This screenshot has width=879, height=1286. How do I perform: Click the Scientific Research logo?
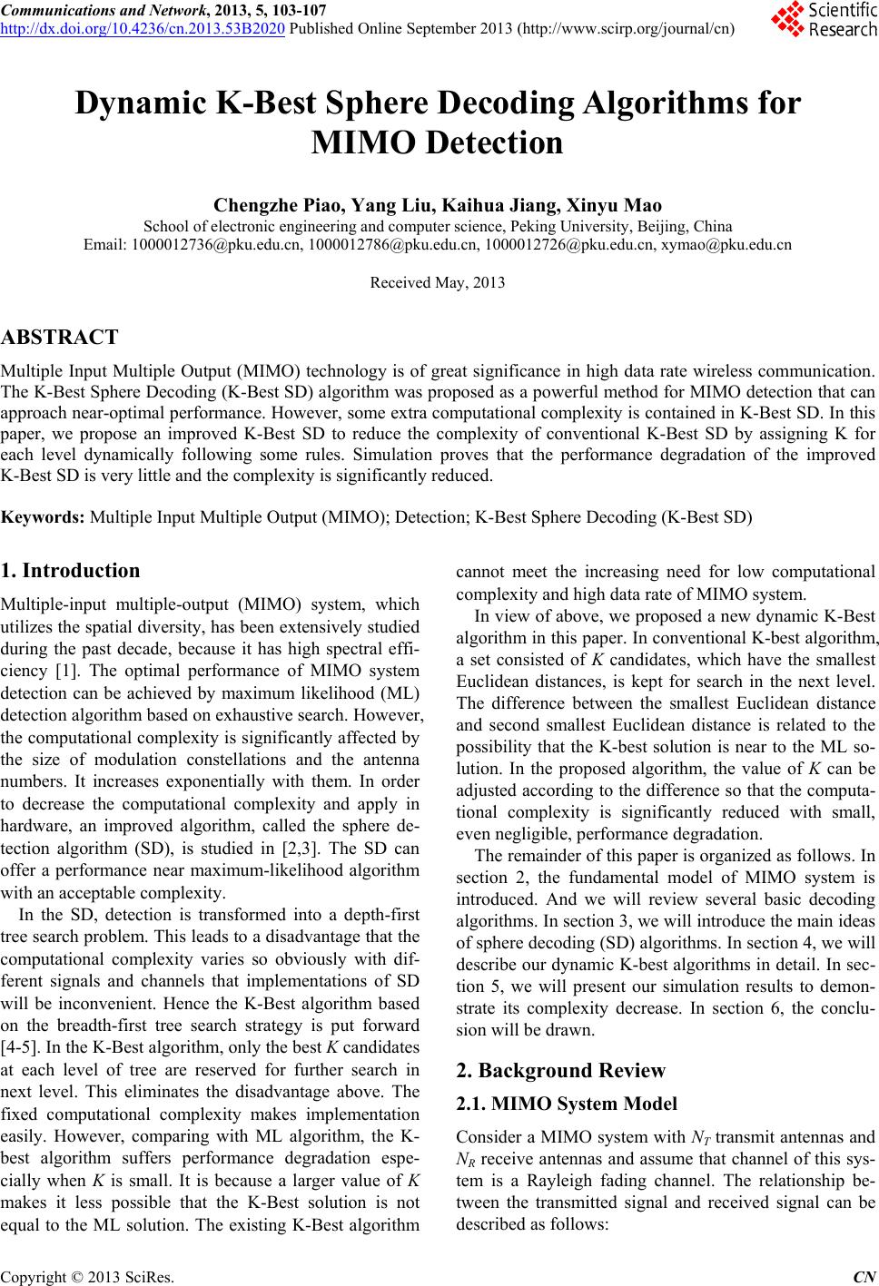823,20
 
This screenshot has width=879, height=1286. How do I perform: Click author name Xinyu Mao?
620,204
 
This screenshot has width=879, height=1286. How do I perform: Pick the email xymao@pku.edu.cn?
726,244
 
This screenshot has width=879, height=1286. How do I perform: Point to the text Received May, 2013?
438,283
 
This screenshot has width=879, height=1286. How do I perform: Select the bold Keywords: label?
44,518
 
